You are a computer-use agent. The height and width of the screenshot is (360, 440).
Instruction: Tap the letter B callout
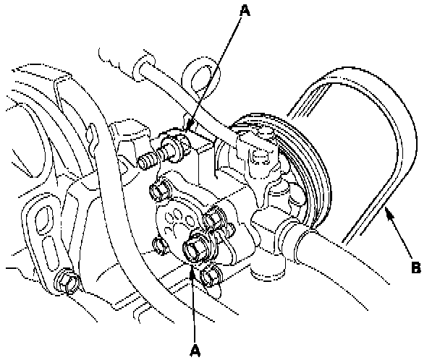pyautogui.click(x=415, y=267)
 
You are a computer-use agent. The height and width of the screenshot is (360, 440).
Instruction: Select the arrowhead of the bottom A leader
pyautogui.click(x=192, y=267)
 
